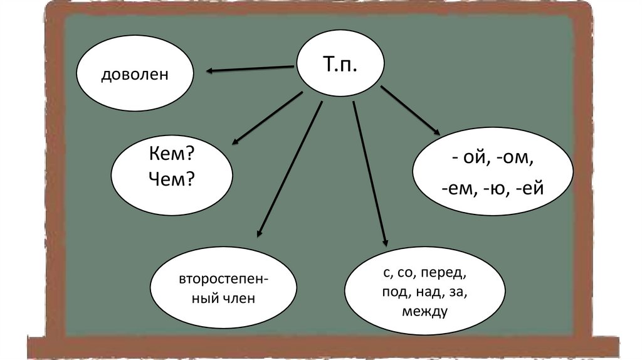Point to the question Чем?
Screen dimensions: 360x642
pyautogui.click(x=171, y=180)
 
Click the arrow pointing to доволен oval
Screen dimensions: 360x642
pyautogui.click(x=251, y=69)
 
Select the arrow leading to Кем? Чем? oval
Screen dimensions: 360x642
pyautogui.click(x=266, y=119)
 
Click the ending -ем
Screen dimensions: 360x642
pyautogui.click(x=460, y=187)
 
